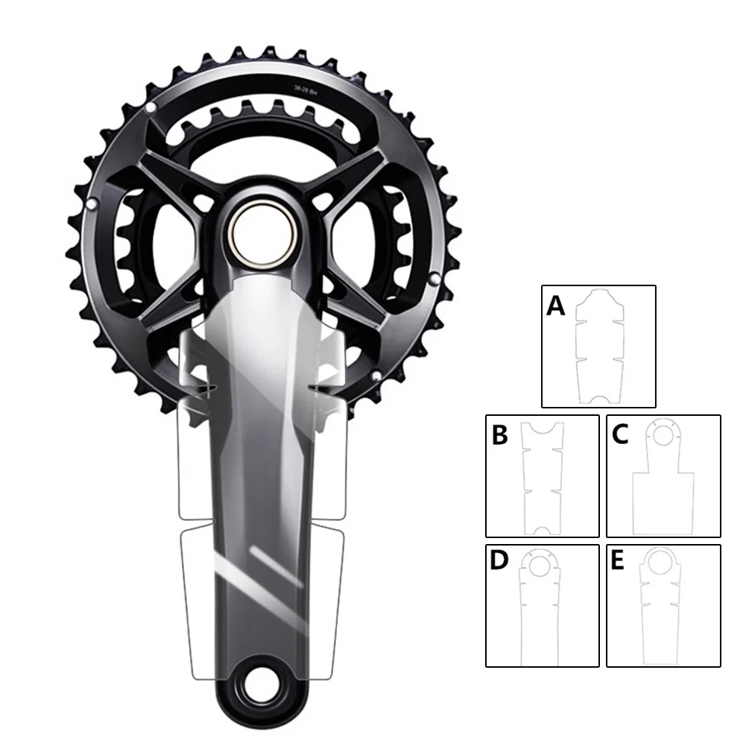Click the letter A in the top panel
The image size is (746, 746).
[x=556, y=306]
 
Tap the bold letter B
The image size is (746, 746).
[x=500, y=435]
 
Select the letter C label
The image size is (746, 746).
[x=620, y=435]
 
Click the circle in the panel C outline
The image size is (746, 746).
[x=663, y=432]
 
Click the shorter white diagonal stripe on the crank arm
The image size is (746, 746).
[x=268, y=558]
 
